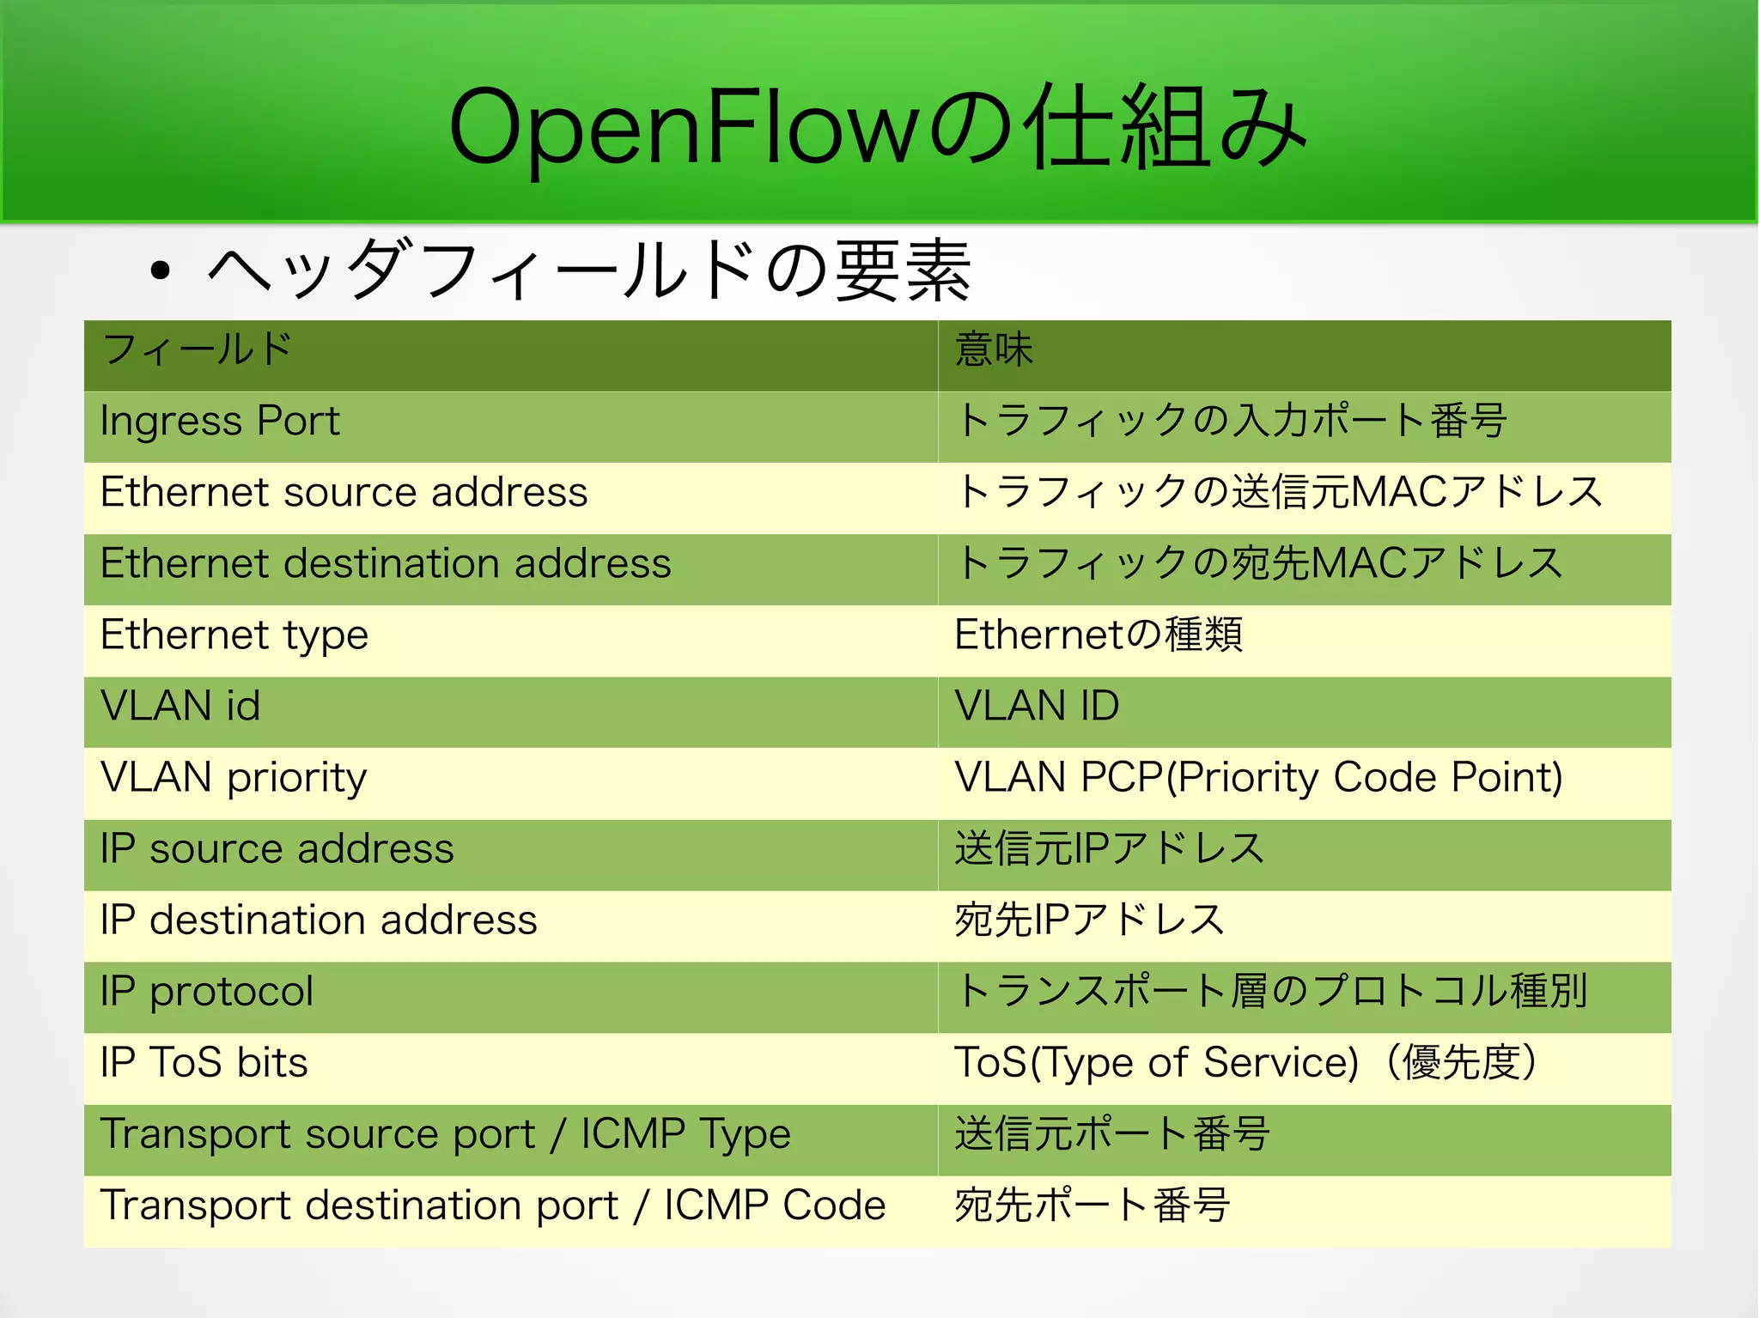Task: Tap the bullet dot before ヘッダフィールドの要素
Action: point(160,271)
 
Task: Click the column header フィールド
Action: point(198,349)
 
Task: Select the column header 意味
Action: point(994,349)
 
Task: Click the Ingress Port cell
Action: point(220,422)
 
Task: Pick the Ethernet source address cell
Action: point(344,493)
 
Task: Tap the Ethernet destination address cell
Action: point(385,564)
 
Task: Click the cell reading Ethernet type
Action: point(234,635)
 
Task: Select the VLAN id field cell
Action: point(180,707)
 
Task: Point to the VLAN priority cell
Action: point(233,778)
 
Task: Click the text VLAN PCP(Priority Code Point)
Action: point(1258,778)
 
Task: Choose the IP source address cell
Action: point(277,849)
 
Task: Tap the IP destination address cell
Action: point(318,920)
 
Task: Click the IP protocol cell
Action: point(206,992)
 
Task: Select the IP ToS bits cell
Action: point(204,1063)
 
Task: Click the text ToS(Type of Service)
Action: point(1156,1063)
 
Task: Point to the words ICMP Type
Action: point(685,1134)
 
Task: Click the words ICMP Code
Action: point(774,1206)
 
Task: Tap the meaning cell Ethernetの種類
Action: point(1099,635)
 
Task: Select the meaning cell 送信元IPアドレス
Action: point(1109,849)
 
